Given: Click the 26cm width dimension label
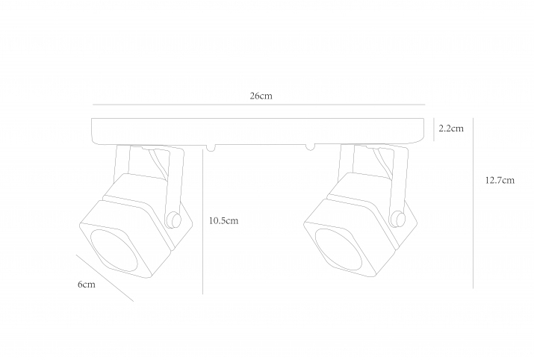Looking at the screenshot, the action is pyautogui.click(x=261, y=96).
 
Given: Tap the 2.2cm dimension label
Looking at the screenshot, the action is pyautogui.click(x=451, y=128).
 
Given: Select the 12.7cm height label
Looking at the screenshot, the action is pyautogui.click(x=500, y=180).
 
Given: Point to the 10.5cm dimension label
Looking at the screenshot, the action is pyautogui.click(x=223, y=220).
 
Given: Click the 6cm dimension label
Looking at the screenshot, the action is pyautogui.click(x=87, y=285).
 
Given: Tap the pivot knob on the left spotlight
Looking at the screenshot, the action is pyautogui.click(x=173, y=220).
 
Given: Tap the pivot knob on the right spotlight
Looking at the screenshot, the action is pyautogui.click(x=397, y=219).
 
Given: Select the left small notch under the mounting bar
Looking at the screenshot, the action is pyautogui.click(x=211, y=148).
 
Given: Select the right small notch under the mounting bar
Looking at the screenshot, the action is pyautogui.click(x=310, y=147).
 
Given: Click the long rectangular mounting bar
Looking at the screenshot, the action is pyautogui.click(x=258, y=131).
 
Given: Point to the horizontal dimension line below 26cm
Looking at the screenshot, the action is pyautogui.click(x=259, y=105).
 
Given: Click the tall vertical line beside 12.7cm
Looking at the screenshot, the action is pyautogui.click(x=473, y=203).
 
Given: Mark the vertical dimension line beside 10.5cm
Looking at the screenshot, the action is pyautogui.click(x=202, y=221).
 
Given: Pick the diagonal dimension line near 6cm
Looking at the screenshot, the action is pyautogui.click(x=105, y=278).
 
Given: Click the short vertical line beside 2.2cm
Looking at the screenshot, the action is pyautogui.click(x=433, y=129).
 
